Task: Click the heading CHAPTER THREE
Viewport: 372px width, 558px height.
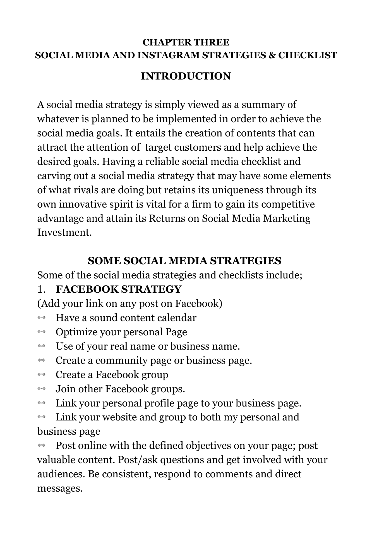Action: (186, 42)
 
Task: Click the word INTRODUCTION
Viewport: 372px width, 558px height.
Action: (186, 76)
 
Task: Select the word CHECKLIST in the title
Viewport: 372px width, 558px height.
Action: (308, 55)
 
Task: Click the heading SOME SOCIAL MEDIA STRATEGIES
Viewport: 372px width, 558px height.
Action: (184, 261)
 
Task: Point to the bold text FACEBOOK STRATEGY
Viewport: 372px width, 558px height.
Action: (119, 289)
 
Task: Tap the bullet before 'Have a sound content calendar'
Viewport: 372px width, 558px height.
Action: (41, 318)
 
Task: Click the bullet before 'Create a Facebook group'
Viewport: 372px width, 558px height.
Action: (41, 374)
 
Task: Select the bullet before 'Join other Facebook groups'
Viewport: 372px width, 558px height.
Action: (41, 389)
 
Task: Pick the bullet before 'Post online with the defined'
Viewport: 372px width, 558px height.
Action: (41, 446)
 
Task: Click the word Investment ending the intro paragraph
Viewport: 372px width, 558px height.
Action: (64, 232)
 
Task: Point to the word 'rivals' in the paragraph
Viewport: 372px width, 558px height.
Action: (86, 190)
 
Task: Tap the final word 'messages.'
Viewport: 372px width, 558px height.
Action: (60, 488)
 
